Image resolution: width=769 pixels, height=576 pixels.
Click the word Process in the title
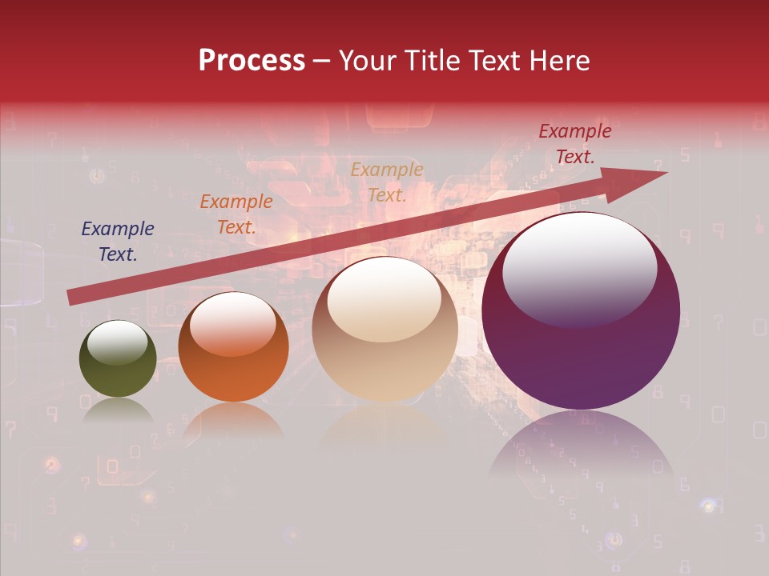[252, 61]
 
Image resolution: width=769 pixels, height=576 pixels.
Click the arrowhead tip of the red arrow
[665, 174]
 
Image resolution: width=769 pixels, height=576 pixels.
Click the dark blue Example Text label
[118, 242]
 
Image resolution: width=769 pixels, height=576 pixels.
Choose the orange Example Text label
[236, 214]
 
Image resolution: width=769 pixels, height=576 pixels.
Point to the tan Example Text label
[387, 182]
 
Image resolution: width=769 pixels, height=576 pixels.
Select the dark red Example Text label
[575, 144]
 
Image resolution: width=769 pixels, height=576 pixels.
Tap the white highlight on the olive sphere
[118, 342]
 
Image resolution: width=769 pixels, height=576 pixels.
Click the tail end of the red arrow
[70, 297]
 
